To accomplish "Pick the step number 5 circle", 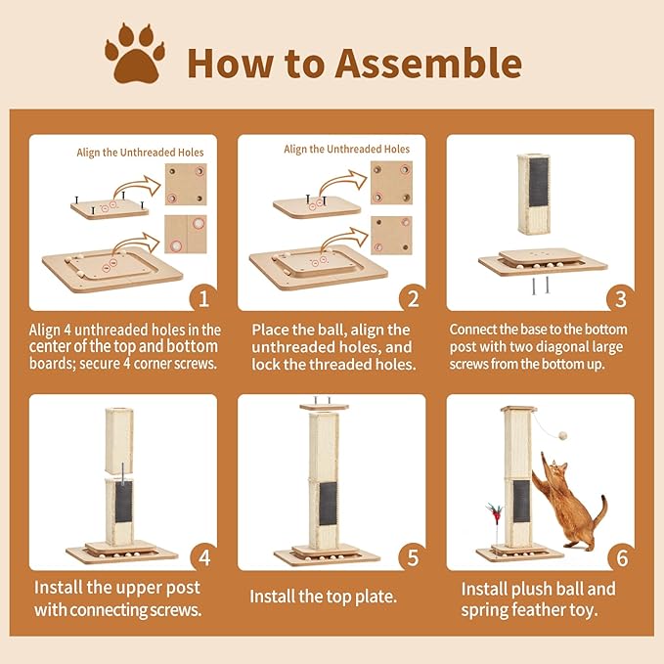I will pos(413,557).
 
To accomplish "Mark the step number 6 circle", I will pos(621,557).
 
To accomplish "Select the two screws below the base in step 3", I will pos(541,285).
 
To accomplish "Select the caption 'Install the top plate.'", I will pos(324,596).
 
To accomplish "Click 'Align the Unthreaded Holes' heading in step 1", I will pos(140,153).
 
